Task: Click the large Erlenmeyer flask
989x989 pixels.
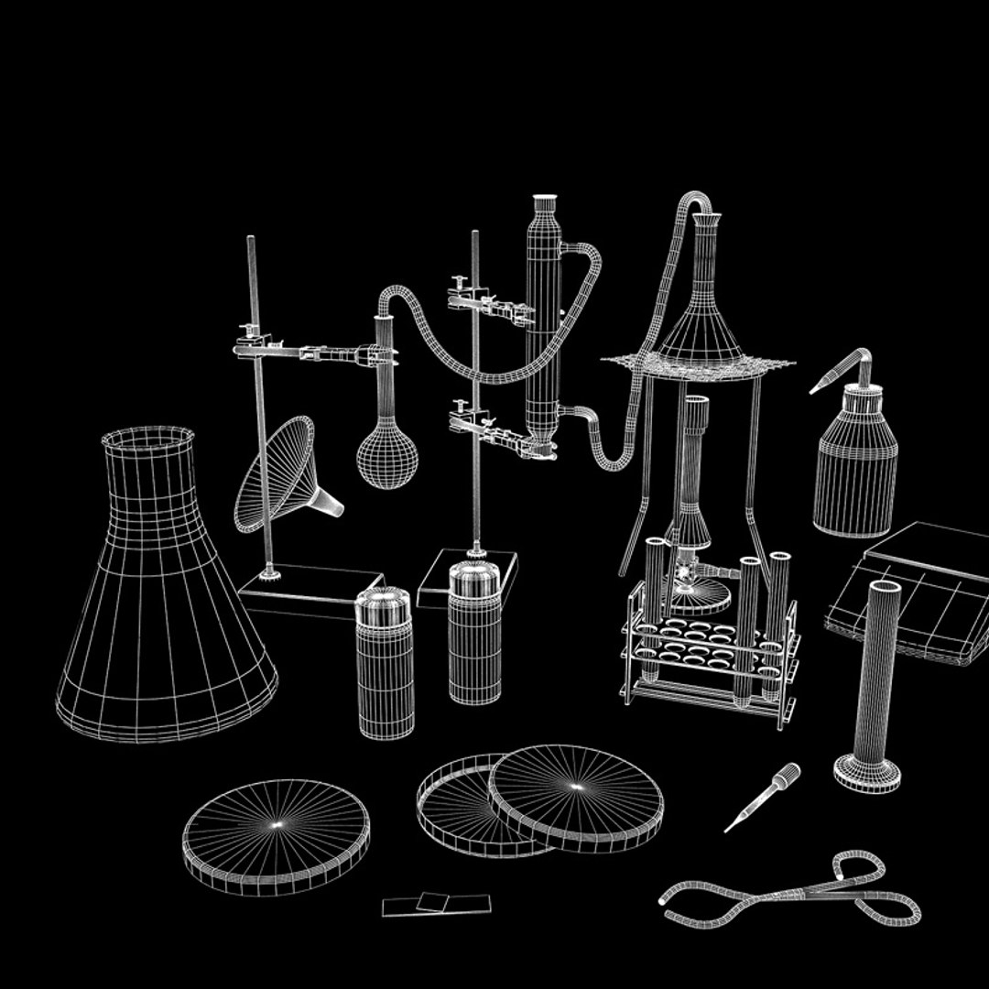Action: click(165, 604)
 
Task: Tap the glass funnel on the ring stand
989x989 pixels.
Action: click(279, 476)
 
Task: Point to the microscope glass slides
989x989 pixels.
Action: click(436, 904)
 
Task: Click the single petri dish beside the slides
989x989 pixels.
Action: click(276, 835)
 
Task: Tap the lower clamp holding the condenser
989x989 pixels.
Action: click(494, 430)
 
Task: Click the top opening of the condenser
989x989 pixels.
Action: click(545, 199)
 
